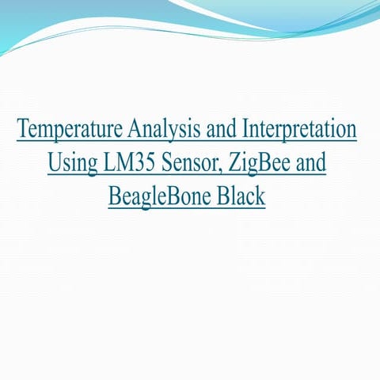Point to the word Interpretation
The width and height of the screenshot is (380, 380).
300,130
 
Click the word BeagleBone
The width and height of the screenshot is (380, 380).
158,196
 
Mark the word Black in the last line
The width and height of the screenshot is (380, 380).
238,195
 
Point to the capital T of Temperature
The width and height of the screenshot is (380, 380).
22,129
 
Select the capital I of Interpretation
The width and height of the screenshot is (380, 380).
245,129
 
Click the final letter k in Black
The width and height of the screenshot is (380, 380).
260,195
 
